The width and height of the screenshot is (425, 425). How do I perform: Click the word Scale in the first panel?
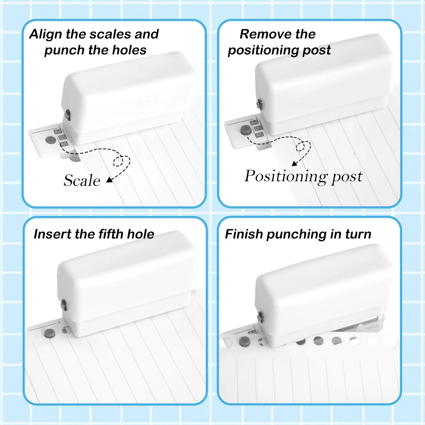(x=82, y=181)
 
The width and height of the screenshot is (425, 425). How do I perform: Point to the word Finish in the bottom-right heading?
(x=244, y=234)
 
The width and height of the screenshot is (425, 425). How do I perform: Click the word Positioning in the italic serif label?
(x=286, y=176)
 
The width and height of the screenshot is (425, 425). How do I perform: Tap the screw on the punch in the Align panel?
(x=67, y=116)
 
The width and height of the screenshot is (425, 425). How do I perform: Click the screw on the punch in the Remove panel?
(x=259, y=104)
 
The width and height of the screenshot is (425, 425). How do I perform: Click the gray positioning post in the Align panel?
(x=51, y=140)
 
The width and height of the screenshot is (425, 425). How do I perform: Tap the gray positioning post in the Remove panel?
(x=246, y=130)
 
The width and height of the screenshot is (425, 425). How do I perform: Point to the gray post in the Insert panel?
(x=49, y=333)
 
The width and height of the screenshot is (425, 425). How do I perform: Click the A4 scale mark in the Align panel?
(x=58, y=131)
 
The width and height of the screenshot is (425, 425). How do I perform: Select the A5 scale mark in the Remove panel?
(x=260, y=135)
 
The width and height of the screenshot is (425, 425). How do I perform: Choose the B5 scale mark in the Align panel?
(x=62, y=137)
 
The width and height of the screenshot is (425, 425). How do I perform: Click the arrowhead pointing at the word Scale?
(x=109, y=180)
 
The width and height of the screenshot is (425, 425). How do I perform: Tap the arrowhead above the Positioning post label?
(x=295, y=163)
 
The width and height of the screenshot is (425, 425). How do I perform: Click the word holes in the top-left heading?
(x=129, y=50)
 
